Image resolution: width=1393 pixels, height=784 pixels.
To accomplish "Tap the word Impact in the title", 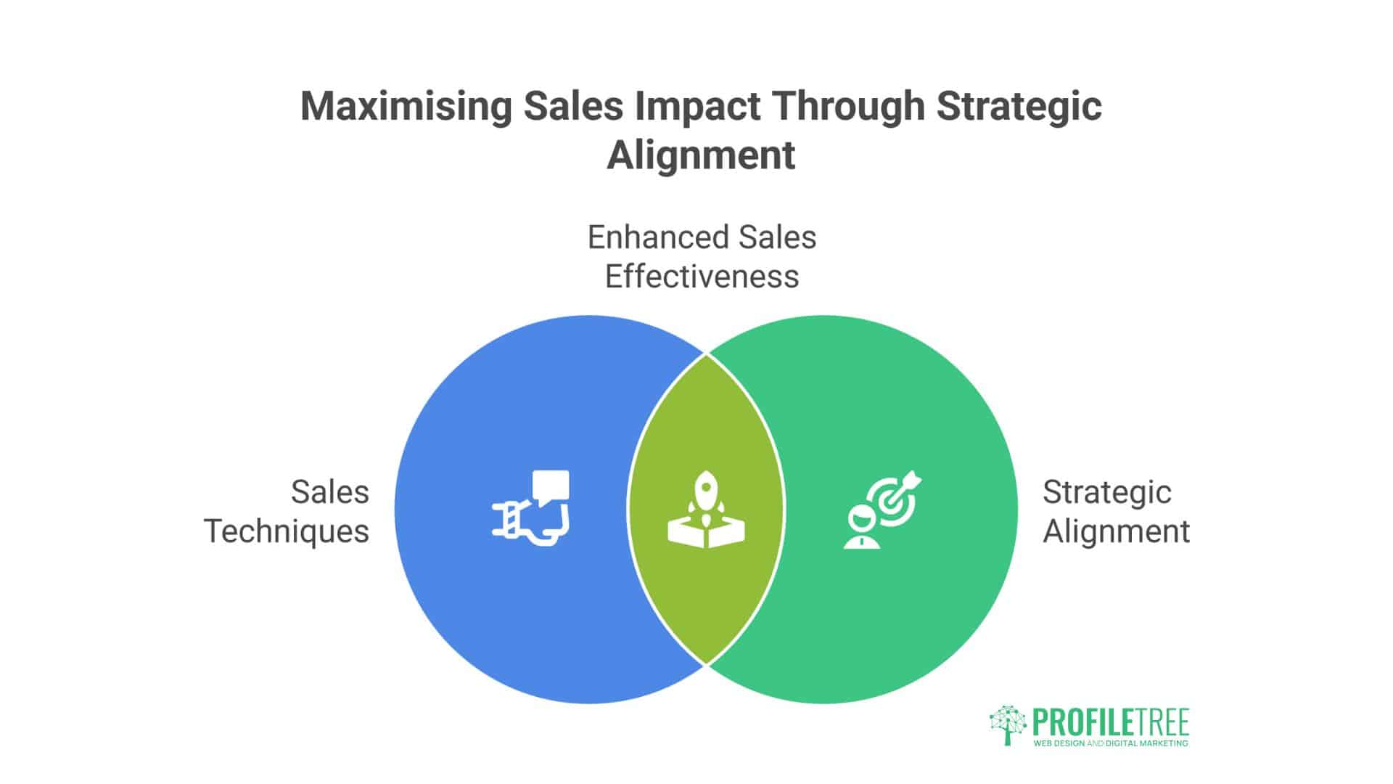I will (x=696, y=107).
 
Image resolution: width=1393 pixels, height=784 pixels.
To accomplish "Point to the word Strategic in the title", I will (x=1019, y=107).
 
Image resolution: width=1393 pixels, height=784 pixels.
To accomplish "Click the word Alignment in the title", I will (x=701, y=155).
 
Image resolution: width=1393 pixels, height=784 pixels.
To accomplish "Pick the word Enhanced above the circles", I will (x=658, y=237).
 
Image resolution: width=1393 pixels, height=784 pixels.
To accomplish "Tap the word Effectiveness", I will (x=702, y=277).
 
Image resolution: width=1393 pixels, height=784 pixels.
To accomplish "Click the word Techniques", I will (x=287, y=531).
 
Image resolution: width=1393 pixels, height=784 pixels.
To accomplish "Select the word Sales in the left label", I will (x=330, y=492).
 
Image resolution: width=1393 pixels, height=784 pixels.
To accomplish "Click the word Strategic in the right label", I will (x=1106, y=492).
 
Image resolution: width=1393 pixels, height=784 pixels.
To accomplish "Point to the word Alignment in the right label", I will (x=1116, y=531).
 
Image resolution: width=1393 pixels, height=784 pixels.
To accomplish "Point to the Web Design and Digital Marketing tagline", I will (x=1110, y=743).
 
